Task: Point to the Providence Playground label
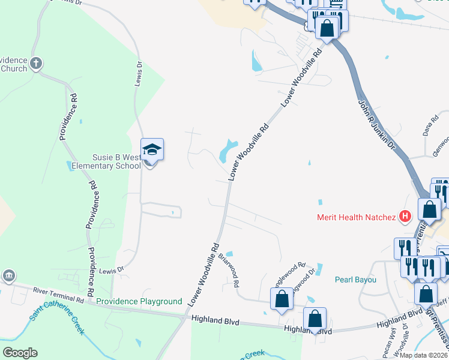[x=139, y=301]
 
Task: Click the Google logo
[x=20, y=353]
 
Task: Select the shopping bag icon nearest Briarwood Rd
[x=281, y=298]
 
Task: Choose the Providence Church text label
[x=14, y=64]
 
